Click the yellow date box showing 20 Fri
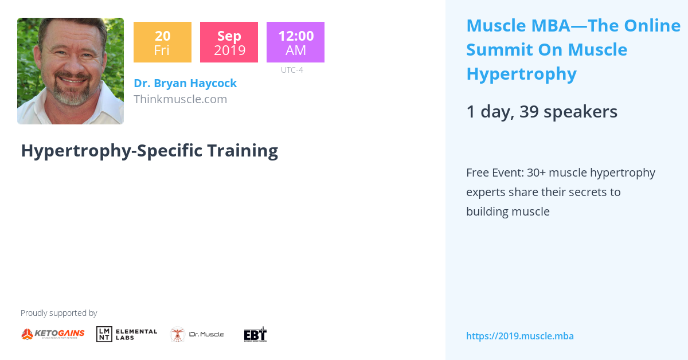click(x=162, y=42)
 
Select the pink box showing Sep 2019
click(x=229, y=42)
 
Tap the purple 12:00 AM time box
click(x=295, y=42)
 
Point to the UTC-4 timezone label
click(x=292, y=70)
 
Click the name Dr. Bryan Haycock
click(x=185, y=83)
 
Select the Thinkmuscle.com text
click(x=180, y=99)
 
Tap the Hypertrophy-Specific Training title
click(x=149, y=150)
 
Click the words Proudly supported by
click(x=58, y=313)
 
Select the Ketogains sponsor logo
click(x=53, y=334)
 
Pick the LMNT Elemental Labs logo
click(x=127, y=334)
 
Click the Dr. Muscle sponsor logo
click(x=197, y=334)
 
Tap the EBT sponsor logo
click(x=255, y=334)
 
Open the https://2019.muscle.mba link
click(x=519, y=336)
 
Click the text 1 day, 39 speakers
click(x=541, y=112)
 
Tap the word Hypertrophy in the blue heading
click(x=521, y=74)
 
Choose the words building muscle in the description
click(x=507, y=212)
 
